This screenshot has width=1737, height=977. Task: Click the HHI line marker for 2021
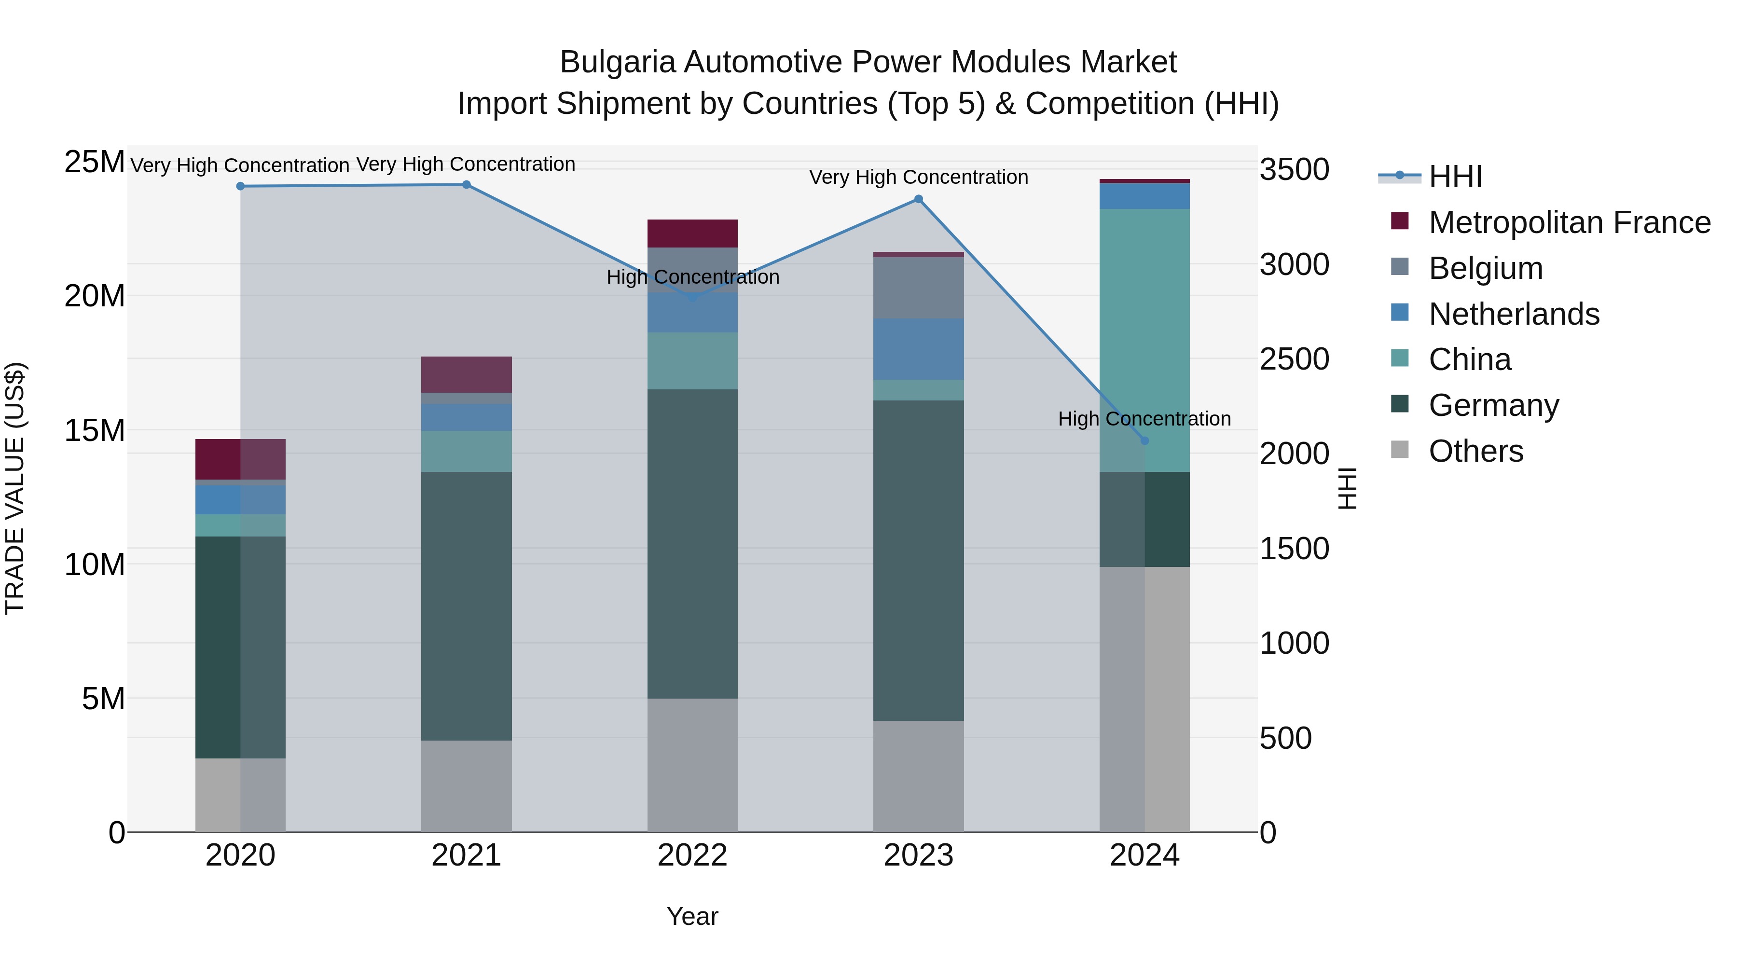click(x=466, y=185)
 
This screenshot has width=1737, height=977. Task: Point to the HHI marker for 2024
click(x=1144, y=441)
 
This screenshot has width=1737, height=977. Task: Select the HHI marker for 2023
click(x=918, y=199)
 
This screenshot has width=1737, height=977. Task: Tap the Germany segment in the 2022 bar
click(x=692, y=543)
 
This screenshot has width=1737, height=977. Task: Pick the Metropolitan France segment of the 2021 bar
click(x=466, y=374)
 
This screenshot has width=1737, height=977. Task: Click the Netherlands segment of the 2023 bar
click(x=918, y=349)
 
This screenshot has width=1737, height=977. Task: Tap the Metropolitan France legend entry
click(x=1569, y=222)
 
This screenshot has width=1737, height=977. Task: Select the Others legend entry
click(x=1475, y=451)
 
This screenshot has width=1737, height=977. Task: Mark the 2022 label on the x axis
click(x=692, y=855)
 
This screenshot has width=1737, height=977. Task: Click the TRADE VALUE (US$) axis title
click(x=15, y=488)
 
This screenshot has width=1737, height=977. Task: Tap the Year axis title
click(x=692, y=916)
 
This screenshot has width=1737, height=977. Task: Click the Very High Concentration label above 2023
click(x=918, y=178)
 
